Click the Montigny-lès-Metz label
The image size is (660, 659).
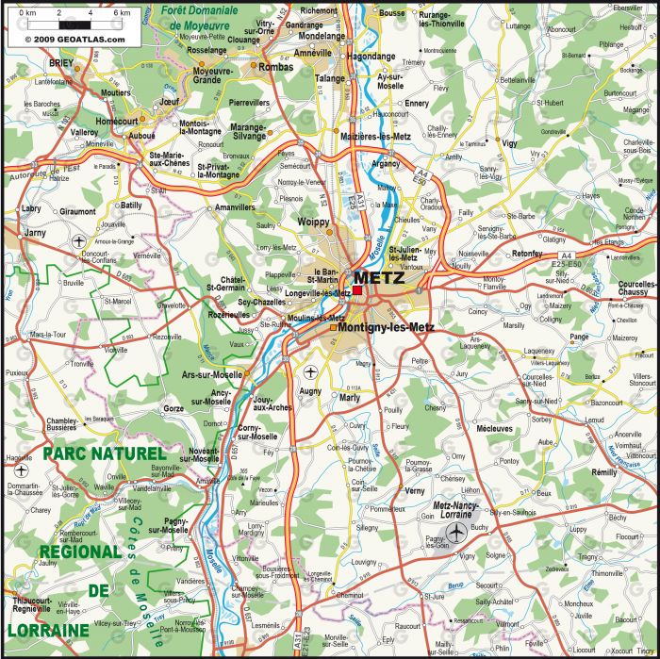pos(385,327)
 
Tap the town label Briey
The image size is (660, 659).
pos(35,62)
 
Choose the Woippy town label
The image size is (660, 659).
pos(314,222)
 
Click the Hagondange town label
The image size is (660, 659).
pos(371,57)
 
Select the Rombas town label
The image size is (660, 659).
pos(275,67)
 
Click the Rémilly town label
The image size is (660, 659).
pos(603,470)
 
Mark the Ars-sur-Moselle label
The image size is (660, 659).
pos(211,374)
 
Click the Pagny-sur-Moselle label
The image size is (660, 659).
pos(175,525)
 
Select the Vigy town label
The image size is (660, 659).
pos(510,143)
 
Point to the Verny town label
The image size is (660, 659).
pos(414,490)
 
